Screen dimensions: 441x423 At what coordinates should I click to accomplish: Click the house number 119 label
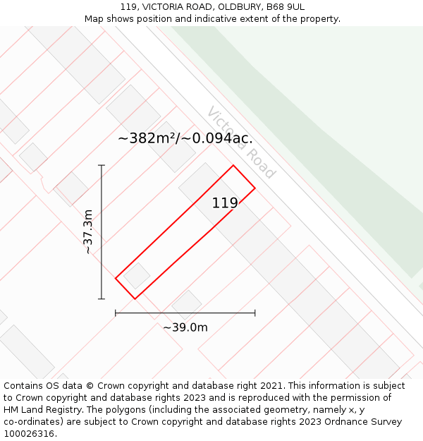(x=225, y=203)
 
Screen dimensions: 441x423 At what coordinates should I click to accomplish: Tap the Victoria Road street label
(x=241, y=143)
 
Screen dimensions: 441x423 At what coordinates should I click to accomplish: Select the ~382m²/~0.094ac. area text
(x=185, y=138)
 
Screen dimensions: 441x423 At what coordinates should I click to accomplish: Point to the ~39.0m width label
(x=185, y=327)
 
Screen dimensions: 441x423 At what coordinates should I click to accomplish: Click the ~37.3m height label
(x=87, y=231)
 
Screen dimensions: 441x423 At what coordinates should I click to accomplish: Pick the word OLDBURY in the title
(x=216, y=7)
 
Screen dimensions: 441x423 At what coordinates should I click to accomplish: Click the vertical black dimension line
(x=102, y=233)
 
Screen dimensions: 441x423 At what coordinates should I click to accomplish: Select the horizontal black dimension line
(x=185, y=313)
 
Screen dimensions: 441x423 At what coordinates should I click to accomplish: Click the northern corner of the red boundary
(x=233, y=166)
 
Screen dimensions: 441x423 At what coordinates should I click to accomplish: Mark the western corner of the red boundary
(x=116, y=278)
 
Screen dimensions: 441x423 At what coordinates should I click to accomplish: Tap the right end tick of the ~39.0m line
(x=255, y=313)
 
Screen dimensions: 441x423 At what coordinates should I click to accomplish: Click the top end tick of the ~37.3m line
(x=102, y=166)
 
